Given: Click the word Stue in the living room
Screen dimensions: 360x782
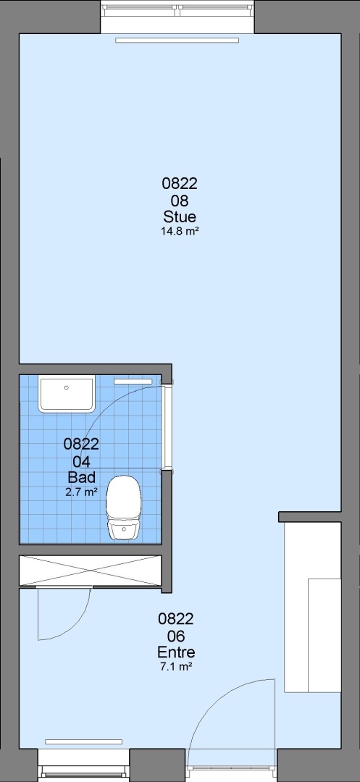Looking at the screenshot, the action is coord(180,217).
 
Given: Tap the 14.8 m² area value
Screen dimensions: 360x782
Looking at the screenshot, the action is coord(180,231).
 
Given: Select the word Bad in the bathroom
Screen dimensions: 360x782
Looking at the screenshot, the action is coord(81,477).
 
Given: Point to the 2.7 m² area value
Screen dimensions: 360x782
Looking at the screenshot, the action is coord(81,492).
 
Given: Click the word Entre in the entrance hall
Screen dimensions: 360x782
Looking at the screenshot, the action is coord(176,652).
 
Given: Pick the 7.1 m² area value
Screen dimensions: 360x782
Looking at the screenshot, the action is coord(176,666).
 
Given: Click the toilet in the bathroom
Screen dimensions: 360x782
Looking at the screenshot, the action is coord(124,507).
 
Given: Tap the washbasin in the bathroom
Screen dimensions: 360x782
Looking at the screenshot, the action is coord(67,395).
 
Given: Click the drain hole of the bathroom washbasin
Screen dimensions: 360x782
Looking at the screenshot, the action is coord(67,387).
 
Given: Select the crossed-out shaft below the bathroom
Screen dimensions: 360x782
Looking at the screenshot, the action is coord(91,570).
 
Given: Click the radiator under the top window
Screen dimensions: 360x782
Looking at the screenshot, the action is coord(177,41).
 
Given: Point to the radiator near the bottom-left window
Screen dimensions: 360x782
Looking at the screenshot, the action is coord(84,742).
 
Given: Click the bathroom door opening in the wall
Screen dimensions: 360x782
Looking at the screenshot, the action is coord(167,427).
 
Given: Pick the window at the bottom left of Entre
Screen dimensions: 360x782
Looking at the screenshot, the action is coord(84,765).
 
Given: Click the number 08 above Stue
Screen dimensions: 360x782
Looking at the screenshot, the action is coord(180,201).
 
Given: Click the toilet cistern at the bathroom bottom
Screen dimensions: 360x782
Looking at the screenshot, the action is coord(124,530).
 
